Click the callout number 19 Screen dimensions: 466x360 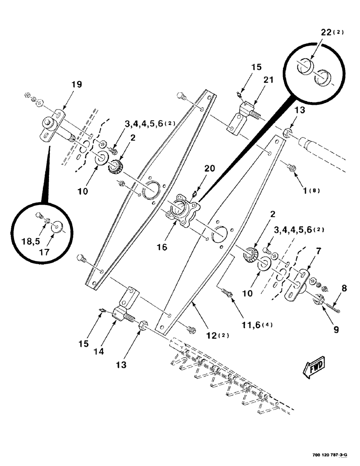pyautogui.click(x=76, y=84)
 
